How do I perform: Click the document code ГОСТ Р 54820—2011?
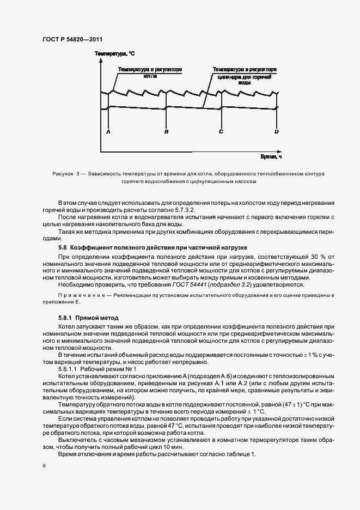pos(72,39)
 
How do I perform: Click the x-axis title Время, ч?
pos(271,156)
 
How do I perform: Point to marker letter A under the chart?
pos(108,131)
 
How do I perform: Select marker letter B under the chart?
pos(166,131)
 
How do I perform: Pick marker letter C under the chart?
pos(221,131)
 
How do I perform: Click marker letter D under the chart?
pos(277,131)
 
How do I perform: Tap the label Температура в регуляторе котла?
pos(149,73)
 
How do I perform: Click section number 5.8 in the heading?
pos(63,247)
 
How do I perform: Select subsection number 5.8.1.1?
pos(69,369)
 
